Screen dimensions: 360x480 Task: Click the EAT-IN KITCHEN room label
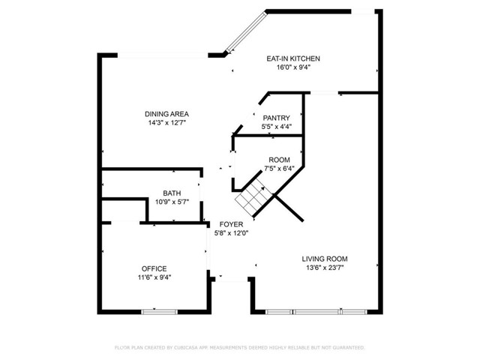click(294, 58)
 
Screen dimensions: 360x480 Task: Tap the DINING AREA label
click(166, 114)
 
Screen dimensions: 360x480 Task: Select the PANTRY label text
click(276, 118)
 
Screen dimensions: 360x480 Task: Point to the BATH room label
click(172, 193)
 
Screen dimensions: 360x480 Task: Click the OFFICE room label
click(154, 268)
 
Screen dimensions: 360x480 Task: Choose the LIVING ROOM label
click(325, 259)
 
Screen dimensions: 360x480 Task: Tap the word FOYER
click(230, 224)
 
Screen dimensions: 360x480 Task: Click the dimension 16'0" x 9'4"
click(294, 67)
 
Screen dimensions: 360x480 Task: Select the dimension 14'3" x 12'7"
click(166, 123)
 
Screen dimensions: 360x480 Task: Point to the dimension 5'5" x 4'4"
click(276, 127)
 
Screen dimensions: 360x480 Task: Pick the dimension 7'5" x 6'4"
click(280, 169)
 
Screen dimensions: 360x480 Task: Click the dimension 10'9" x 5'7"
click(172, 202)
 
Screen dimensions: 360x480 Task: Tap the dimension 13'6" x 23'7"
click(325, 268)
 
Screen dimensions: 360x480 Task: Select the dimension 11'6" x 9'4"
click(154, 277)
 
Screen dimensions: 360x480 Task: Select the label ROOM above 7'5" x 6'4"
click(280, 160)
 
